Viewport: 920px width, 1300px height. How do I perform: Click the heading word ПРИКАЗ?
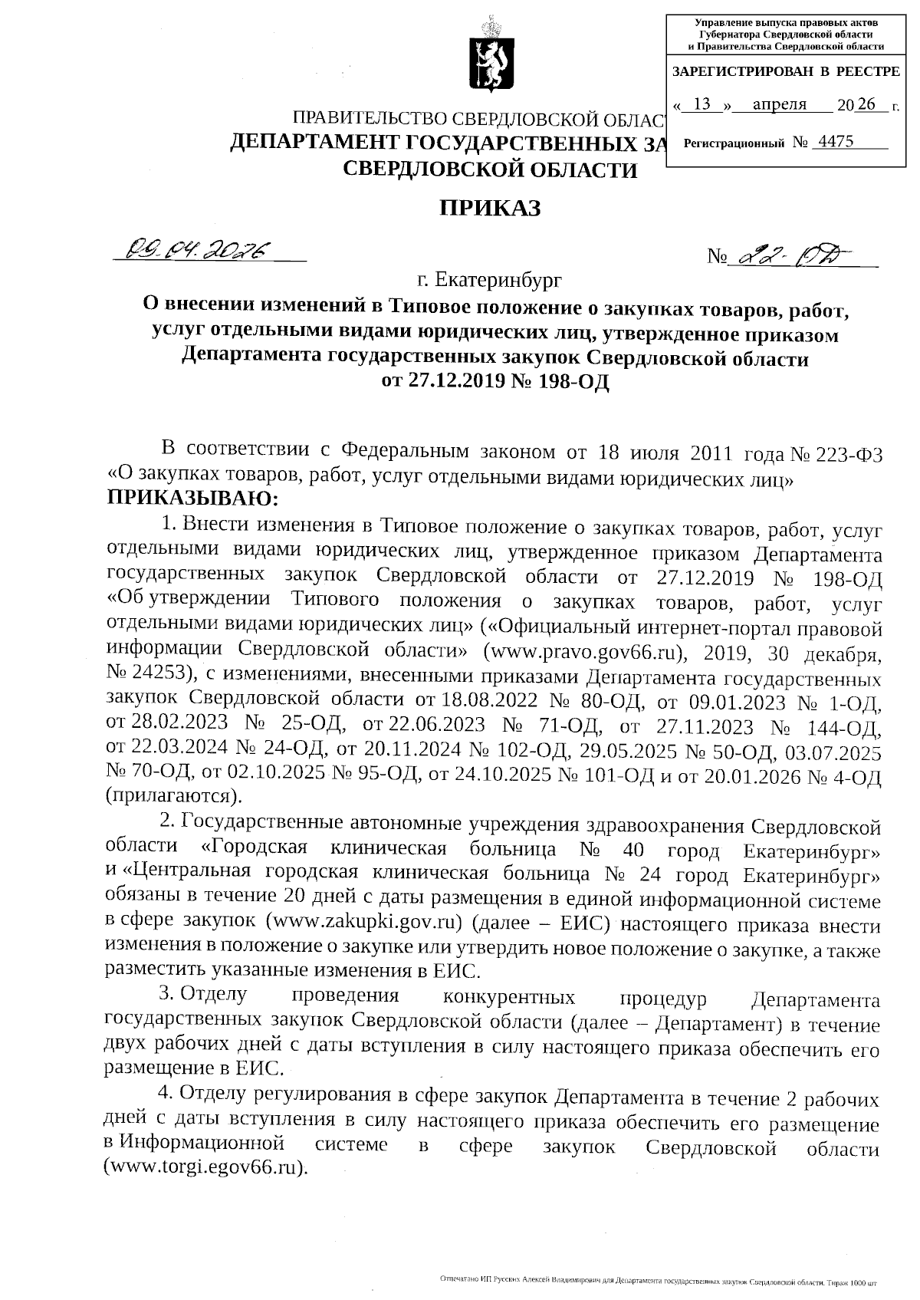click(x=489, y=208)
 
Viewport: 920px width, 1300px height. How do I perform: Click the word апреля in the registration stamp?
click(x=779, y=105)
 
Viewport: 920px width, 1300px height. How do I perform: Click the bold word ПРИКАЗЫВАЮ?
click(x=193, y=499)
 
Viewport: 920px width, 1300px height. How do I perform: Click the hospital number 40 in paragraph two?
click(x=633, y=851)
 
